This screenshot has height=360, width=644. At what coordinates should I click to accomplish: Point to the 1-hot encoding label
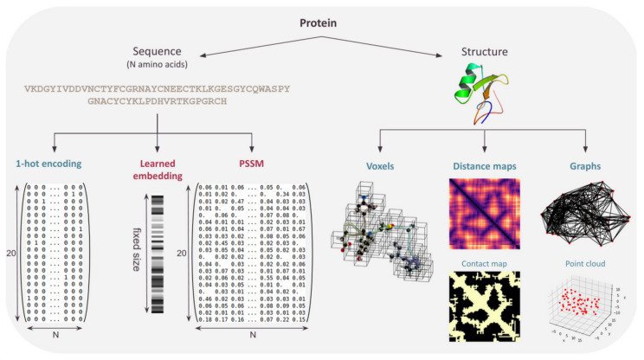[48, 164]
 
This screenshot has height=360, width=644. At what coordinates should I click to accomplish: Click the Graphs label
[588, 164]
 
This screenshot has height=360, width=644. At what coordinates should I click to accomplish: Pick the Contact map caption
[484, 259]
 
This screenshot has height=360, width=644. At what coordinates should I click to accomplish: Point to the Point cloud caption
[588, 259]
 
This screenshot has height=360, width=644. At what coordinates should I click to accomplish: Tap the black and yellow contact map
[485, 306]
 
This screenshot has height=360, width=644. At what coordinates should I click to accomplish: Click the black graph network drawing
[588, 212]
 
